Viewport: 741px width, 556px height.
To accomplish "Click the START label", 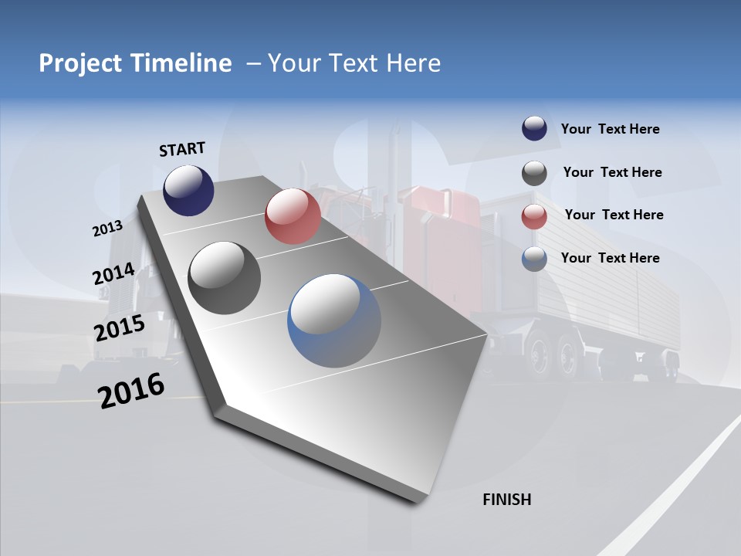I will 182,149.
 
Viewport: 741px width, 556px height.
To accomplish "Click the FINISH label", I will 506,500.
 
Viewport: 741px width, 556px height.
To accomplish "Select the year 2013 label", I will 107,228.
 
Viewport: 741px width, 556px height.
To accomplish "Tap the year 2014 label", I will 113,274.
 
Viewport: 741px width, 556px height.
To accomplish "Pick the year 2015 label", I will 119,328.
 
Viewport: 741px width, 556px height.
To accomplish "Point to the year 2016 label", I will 131,391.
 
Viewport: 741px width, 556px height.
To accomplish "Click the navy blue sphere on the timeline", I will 188,190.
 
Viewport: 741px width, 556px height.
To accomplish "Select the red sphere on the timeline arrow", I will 293,216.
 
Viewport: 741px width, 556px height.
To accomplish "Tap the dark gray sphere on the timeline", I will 225,278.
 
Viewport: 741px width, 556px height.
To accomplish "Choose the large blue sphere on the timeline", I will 334,320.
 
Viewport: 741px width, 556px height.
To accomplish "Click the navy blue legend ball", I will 534,129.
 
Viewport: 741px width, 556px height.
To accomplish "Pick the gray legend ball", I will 534,173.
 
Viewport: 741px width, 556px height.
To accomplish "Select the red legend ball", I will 534,216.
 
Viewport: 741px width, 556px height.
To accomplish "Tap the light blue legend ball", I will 534,259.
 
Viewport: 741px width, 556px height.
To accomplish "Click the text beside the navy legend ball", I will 610,129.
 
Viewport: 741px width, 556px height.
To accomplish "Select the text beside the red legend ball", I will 614,215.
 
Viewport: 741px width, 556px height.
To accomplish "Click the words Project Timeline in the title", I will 135,63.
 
